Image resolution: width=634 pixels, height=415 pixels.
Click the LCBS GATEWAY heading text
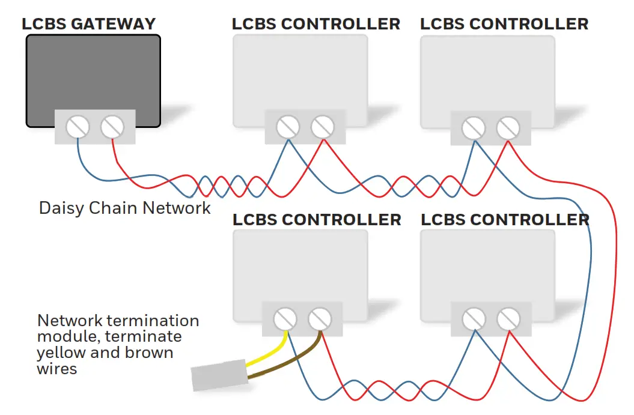click(x=88, y=24)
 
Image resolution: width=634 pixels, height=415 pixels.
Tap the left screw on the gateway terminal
click(x=78, y=127)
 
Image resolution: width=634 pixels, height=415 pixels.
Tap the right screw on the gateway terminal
click(x=112, y=127)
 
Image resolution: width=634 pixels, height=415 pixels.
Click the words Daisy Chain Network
click(x=124, y=208)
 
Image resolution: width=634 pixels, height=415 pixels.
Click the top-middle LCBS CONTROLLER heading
click(x=316, y=24)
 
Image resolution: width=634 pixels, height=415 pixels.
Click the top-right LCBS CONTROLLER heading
click(x=504, y=24)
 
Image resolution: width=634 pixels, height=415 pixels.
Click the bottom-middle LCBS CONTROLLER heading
click(x=317, y=219)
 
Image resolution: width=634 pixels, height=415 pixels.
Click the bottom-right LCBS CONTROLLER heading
click(x=504, y=219)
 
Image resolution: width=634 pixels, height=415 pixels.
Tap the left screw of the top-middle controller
click(x=288, y=127)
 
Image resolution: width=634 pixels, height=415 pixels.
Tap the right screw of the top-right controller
click(x=508, y=128)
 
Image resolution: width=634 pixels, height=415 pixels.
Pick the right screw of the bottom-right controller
click(x=508, y=319)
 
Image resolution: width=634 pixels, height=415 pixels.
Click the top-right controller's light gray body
click(x=487, y=72)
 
